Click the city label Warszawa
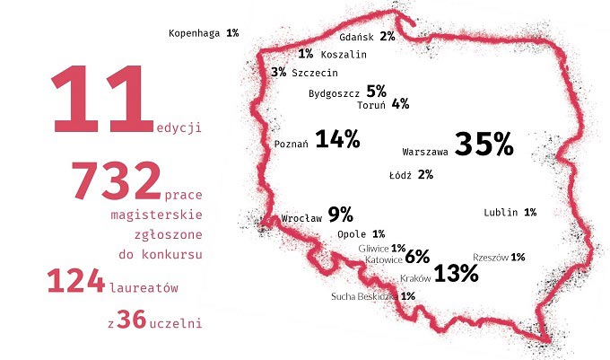coord(426,150)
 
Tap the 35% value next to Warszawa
coord(484,145)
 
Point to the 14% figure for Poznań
coord(337,139)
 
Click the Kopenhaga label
coord(195,33)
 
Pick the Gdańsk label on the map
coord(357,38)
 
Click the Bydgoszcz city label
coord(335,92)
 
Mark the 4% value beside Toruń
coord(400,104)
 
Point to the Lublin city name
coord(501,213)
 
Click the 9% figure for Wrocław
coord(340,215)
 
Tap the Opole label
coord(353,234)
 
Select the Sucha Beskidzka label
coord(363,296)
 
